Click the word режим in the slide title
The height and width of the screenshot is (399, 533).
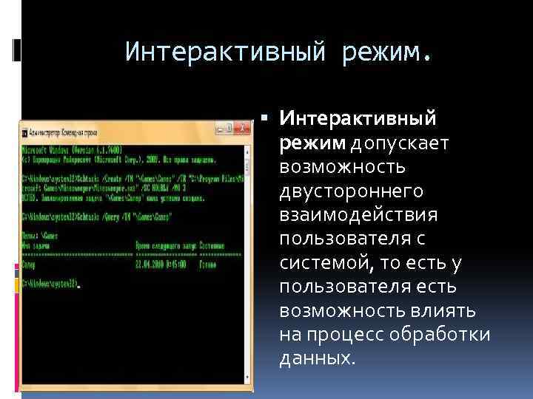383,52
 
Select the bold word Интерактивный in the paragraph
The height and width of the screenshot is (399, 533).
358,118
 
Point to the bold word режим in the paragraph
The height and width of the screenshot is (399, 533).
311,142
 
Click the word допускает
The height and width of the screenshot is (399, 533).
399,142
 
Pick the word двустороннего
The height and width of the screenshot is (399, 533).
351,191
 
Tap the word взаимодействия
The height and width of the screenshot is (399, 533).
358,215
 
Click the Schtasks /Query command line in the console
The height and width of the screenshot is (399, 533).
96,218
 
